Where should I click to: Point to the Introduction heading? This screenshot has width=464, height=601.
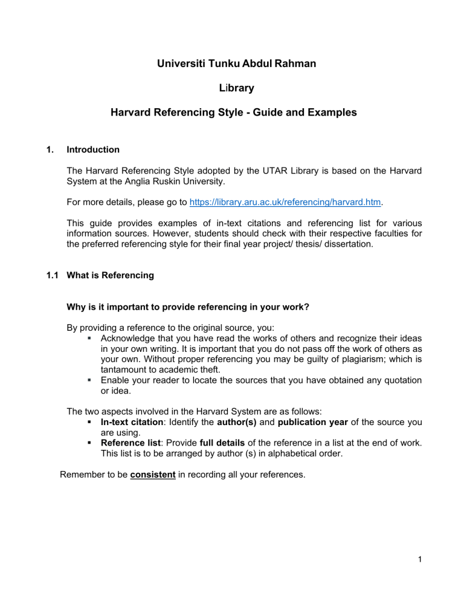click(93, 149)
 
